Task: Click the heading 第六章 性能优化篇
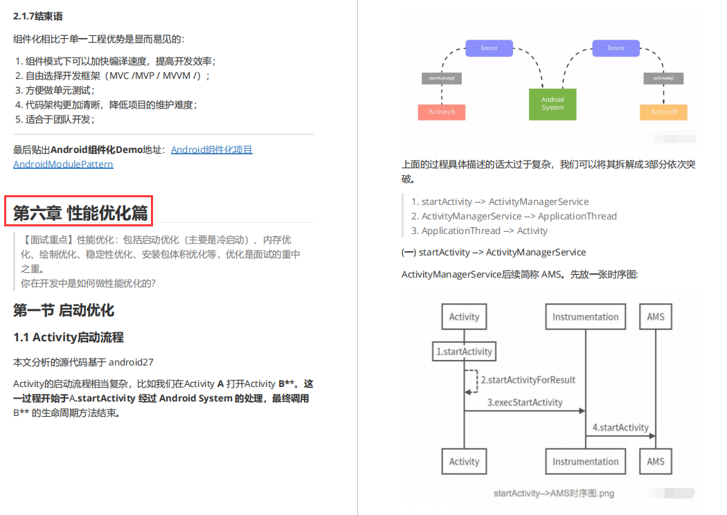click(x=80, y=213)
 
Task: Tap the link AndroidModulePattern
click(x=63, y=164)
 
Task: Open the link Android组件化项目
click(x=212, y=150)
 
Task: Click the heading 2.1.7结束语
click(x=42, y=16)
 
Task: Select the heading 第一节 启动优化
click(x=64, y=310)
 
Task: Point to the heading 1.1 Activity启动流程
click(x=69, y=338)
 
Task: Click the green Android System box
click(x=553, y=104)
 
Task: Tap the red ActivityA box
click(x=442, y=111)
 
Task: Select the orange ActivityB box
click(x=663, y=111)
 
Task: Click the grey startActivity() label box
click(x=442, y=78)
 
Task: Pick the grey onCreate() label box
click(x=663, y=78)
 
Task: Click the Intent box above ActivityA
click(x=489, y=48)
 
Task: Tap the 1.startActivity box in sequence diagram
click(x=464, y=352)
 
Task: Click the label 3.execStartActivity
click(x=525, y=402)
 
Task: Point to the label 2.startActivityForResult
click(x=528, y=380)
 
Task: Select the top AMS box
click(x=656, y=317)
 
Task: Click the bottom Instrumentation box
click(x=585, y=462)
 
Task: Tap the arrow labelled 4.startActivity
click(x=620, y=435)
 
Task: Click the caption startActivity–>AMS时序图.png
click(x=554, y=494)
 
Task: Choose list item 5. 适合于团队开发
click(x=55, y=119)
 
